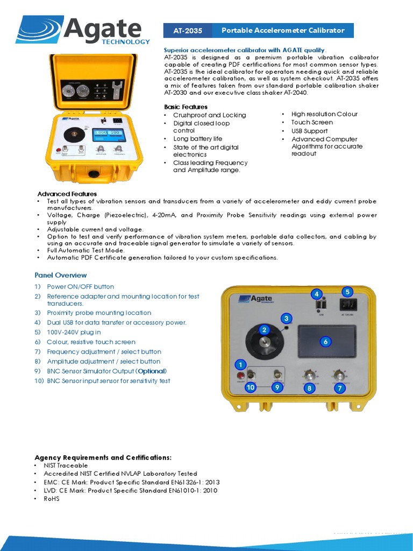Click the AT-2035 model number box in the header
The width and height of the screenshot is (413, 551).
(x=187, y=31)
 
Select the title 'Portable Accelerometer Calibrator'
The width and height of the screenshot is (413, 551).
(x=283, y=31)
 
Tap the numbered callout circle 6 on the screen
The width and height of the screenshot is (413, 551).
(x=325, y=341)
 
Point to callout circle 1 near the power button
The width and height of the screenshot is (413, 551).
(x=240, y=365)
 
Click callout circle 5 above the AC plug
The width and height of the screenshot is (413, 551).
(x=347, y=292)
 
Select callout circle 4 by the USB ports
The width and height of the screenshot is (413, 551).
(x=317, y=294)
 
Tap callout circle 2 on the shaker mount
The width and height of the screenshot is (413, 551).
(x=264, y=329)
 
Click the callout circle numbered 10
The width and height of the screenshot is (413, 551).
(x=250, y=387)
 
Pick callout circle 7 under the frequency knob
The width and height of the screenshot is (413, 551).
(x=339, y=387)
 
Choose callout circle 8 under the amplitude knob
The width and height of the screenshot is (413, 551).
(x=309, y=387)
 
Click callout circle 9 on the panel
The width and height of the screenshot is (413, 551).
(x=277, y=387)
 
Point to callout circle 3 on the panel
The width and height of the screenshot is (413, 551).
(x=286, y=318)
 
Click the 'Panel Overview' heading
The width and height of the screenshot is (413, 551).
(x=61, y=275)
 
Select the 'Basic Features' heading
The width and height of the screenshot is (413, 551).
(x=186, y=107)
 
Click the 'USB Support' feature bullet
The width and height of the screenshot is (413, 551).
(x=309, y=131)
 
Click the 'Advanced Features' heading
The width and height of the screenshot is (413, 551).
(x=67, y=194)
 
